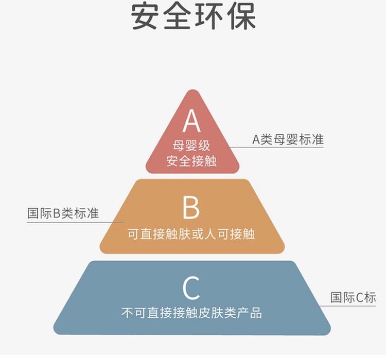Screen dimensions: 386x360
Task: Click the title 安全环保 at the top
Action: point(193,16)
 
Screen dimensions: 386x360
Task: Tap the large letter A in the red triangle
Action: point(192,120)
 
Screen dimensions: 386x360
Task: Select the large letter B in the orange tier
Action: point(191,207)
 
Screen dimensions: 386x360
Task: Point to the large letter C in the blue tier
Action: point(191,287)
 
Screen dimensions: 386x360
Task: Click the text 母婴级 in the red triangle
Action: point(191,146)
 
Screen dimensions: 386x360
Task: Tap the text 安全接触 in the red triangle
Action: point(191,161)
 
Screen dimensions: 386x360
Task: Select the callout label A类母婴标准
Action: point(288,139)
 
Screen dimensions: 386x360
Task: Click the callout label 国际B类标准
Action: point(63,213)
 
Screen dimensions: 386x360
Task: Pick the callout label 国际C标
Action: point(353,297)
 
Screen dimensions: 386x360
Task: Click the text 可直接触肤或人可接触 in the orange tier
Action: point(191,234)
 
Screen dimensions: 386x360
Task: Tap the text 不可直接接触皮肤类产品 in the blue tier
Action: point(191,313)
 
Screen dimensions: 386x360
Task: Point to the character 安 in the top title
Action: point(145,16)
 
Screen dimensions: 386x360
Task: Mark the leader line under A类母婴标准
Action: point(276,148)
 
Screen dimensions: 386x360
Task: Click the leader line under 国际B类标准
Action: point(75,223)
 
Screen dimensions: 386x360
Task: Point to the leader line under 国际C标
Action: point(347,306)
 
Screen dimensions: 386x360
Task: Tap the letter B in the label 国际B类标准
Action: point(57,213)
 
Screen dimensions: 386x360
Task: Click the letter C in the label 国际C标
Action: point(360,297)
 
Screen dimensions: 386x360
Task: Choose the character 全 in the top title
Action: point(177,16)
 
